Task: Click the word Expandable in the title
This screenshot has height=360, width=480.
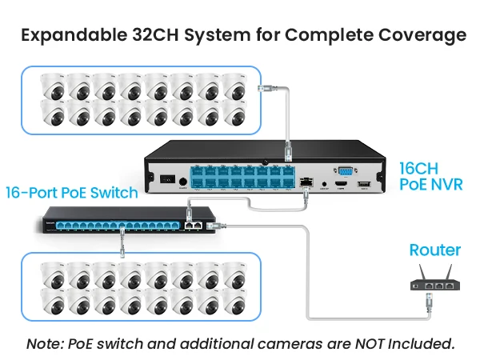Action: (x=74, y=35)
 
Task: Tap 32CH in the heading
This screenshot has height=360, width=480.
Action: (x=155, y=34)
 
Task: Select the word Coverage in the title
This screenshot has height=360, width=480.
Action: (x=422, y=35)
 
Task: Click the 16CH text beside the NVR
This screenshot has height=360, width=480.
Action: (x=418, y=168)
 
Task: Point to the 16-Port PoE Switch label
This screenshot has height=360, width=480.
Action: (x=72, y=193)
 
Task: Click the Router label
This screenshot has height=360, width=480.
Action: (x=435, y=250)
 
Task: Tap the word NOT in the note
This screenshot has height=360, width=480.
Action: (x=370, y=343)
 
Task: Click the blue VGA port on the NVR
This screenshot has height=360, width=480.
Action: (x=346, y=171)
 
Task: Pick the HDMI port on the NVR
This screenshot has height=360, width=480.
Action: (x=342, y=184)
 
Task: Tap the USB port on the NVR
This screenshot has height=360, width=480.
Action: (x=364, y=184)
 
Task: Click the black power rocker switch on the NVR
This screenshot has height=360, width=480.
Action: (x=168, y=178)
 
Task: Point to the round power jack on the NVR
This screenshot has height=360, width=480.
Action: (x=182, y=182)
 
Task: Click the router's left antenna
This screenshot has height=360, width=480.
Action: (x=422, y=272)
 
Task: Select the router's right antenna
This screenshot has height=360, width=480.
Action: (x=448, y=272)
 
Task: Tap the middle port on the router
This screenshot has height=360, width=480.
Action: (x=439, y=286)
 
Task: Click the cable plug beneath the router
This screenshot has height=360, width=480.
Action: (x=429, y=302)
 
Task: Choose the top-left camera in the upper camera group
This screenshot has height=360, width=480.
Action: (x=53, y=86)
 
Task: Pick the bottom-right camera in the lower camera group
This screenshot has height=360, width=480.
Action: (x=234, y=302)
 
